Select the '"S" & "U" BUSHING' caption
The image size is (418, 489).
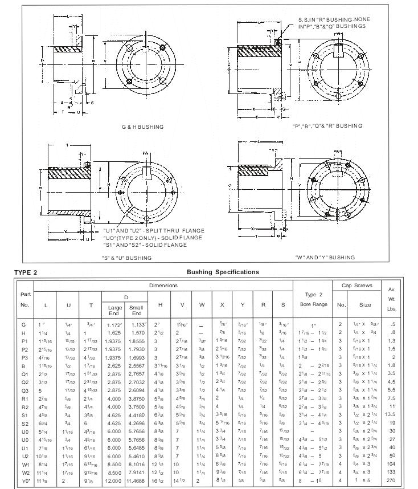126,258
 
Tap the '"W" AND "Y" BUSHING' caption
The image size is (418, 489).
325,258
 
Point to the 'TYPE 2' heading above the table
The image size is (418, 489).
26,272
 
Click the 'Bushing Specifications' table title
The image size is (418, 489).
222,272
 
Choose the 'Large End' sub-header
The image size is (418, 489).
115,311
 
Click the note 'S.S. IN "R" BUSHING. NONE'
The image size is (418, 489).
334,19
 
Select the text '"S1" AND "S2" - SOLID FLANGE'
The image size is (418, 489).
145,244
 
